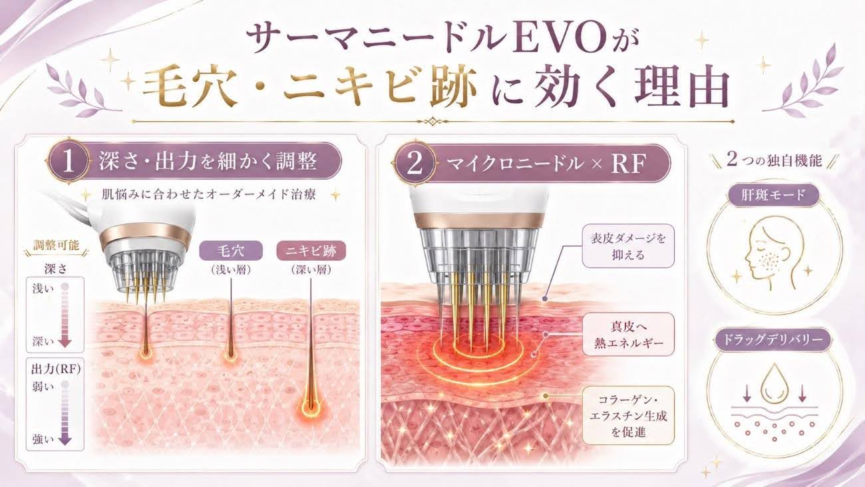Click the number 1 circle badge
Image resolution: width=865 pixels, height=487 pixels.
68,162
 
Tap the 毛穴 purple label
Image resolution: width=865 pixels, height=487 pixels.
231,251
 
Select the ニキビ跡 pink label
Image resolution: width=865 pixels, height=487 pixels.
311,251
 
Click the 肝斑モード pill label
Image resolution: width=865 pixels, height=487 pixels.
773,196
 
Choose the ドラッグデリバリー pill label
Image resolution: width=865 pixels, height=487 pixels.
773,340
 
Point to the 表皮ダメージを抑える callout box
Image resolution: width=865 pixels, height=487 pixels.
628,246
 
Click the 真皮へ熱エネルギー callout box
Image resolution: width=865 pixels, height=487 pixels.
628,334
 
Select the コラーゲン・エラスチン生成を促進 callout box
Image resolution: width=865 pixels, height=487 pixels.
628,416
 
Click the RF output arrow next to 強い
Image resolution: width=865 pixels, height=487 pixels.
65,413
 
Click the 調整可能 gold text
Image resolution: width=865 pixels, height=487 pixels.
56,245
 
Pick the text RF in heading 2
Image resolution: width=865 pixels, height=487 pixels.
629,164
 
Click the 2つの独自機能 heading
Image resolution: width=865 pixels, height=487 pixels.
774,160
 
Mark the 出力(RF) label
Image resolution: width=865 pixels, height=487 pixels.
56,369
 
